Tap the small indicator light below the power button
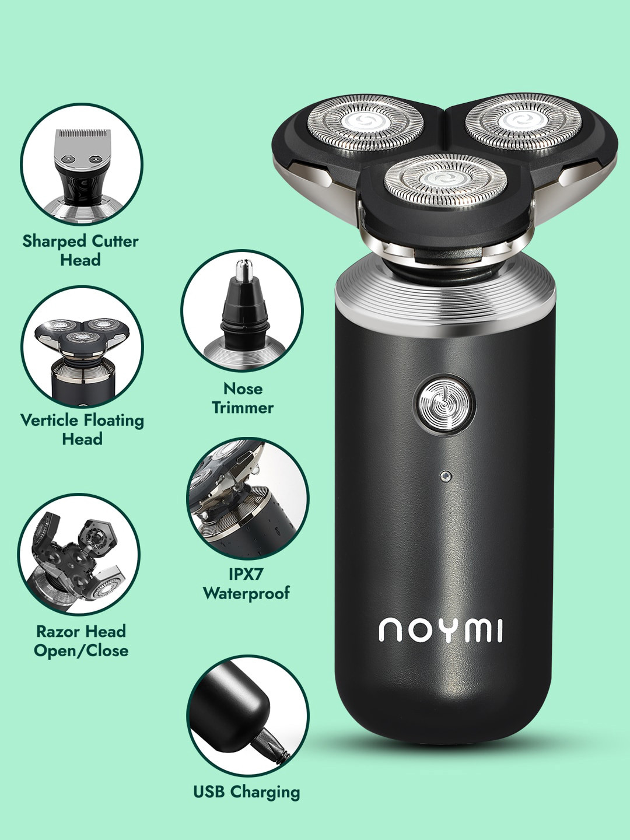pyautogui.click(x=445, y=476)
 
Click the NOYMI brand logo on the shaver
pyautogui.click(x=441, y=630)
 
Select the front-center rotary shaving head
pyautogui.click(x=445, y=181)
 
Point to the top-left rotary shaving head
pyautogui.click(x=365, y=123)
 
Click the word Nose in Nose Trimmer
pyautogui.click(x=243, y=388)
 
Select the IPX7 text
pyautogui.click(x=246, y=574)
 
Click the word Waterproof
pyautogui.click(x=246, y=593)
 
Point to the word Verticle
pyautogui.click(x=50, y=420)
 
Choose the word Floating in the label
pyautogui.click(x=113, y=420)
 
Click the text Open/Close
pyautogui.click(x=81, y=650)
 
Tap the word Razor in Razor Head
pyautogui.click(x=57, y=631)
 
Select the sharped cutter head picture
pyautogui.click(x=82, y=164)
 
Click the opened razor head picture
pyautogui.click(x=79, y=554)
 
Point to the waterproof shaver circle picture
pyautogui.click(x=247, y=499)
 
